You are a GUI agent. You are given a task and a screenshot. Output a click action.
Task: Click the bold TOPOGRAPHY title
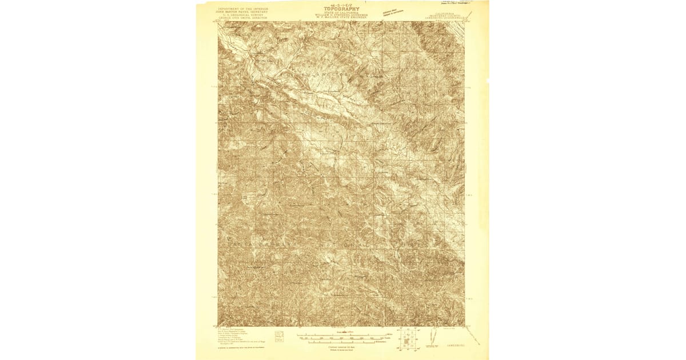point(341,9)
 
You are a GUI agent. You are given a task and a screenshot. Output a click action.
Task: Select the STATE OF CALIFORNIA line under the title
point(341,13)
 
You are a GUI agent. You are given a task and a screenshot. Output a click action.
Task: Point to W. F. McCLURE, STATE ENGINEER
point(341,19)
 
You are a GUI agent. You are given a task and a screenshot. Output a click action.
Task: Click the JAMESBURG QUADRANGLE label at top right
point(444,18)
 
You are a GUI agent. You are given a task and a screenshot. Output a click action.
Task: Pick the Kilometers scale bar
point(343,342)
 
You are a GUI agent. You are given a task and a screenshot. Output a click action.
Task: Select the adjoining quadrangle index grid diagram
point(408,341)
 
